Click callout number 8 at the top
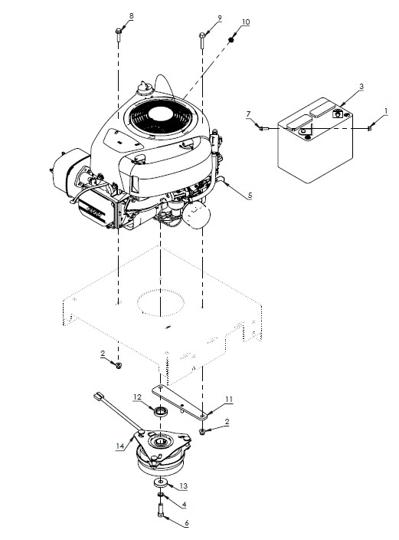[x=130, y=16]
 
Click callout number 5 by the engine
[x=249, y=196]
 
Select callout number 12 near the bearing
[x=138, y=397]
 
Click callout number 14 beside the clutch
[x=119, y=446]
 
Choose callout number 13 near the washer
[x=183, y=486]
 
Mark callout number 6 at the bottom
[x=184, y=523]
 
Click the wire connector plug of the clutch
[x=98, y=397]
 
